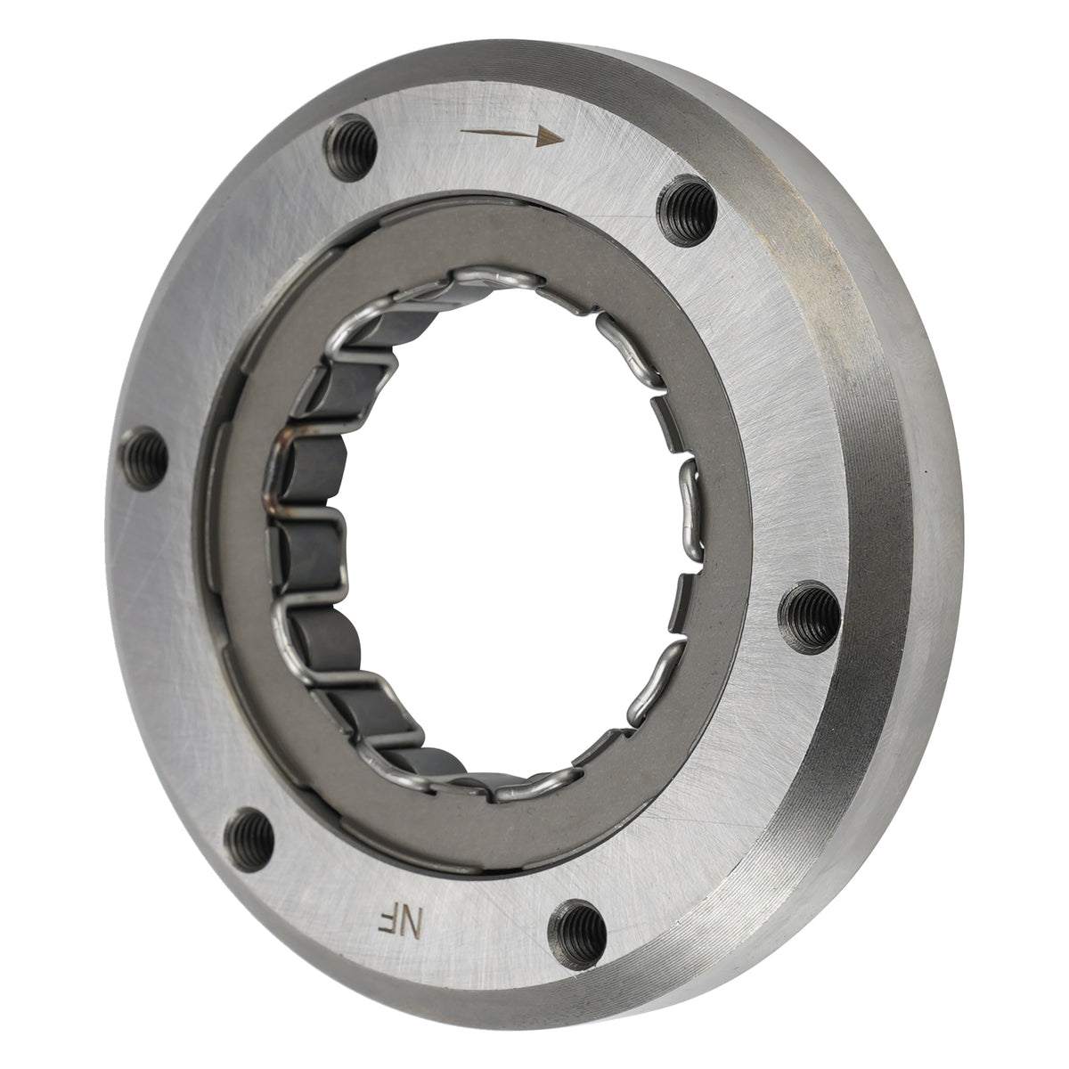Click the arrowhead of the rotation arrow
[x=550, y=136]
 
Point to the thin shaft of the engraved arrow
[x=499, y=133]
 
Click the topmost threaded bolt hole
[x=351, y=148]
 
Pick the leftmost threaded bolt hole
[x=144, y=458]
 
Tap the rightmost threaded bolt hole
[x=809, y=617]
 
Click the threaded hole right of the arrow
[x=687, y=210]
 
